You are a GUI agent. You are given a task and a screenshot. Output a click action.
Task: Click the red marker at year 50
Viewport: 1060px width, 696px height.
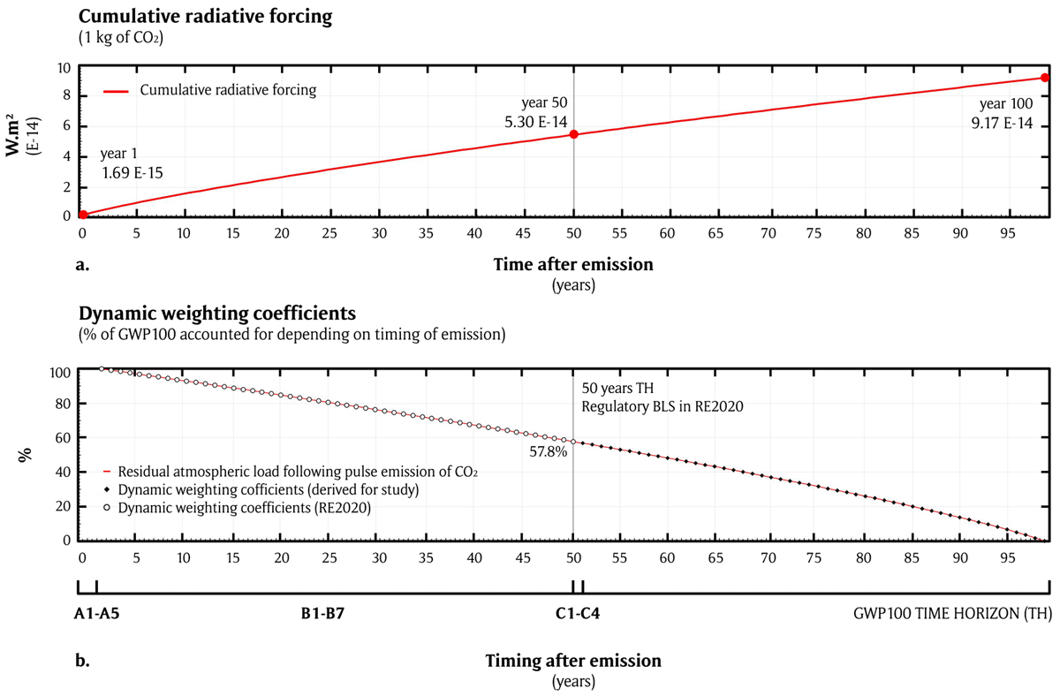(573, 134)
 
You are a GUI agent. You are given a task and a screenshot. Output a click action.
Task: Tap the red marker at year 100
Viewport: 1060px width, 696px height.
(1045, 78)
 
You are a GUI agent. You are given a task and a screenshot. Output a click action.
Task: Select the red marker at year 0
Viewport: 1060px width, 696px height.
(82, 215)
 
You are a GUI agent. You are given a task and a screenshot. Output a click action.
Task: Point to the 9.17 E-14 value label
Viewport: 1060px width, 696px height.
(1001, 123)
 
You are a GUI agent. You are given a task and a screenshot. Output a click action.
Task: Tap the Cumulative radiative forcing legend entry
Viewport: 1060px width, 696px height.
(229, 89)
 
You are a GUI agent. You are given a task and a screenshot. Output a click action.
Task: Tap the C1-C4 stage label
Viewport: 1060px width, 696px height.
(573, 615)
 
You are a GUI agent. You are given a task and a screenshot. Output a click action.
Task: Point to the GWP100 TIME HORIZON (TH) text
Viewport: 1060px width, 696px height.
(952, 615)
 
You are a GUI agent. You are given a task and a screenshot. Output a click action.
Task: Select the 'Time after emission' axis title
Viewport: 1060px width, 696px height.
(573, 264)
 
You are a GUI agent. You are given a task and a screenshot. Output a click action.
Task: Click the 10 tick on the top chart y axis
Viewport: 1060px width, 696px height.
(65, 68)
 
